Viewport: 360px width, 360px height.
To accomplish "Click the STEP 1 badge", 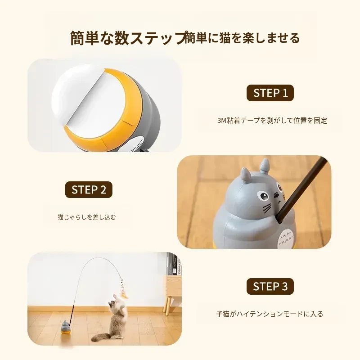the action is [x=270, y=93].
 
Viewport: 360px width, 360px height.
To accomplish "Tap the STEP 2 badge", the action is [x=89, y=189].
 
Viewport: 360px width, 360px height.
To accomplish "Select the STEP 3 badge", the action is [x=270, y=286].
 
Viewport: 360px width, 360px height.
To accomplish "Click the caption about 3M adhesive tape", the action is [x=272, y=120].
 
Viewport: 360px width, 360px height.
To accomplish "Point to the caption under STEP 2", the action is [x=87, y=217].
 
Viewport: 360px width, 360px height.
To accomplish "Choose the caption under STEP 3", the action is [x=270, y=314].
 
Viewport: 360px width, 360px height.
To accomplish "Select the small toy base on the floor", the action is [x=66, y=328].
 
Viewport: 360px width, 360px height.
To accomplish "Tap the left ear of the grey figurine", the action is [x=245, y=174].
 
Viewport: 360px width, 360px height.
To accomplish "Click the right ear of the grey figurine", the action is [x=265, y=165].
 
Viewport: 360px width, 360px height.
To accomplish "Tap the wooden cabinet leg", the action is [x=169, y=306].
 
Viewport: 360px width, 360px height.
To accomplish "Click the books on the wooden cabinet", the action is [x=175, y=264].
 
